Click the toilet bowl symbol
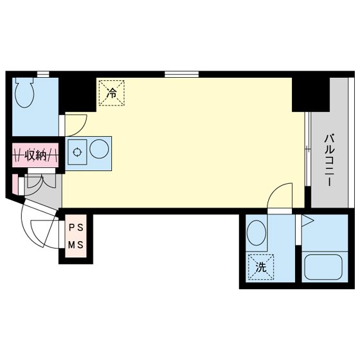click(x=24, y=93)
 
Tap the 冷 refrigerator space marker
click(x=112, y=93)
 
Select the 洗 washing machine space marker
click(x=261, y=267)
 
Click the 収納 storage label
click(x=35, y=155)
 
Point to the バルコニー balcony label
click(x=329, y=160)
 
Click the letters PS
click(x=76, y=228)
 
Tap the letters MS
click(x=76, y=245)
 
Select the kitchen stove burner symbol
click(x=77, y=152)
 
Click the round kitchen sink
click(x=99, y=149)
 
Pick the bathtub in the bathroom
click(x=323, y=267)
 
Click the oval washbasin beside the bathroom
click(x=256, y=233)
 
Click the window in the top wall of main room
click(x=181, y=74)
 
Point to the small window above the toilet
click(x=43, y=74)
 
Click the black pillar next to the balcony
click(x=310, y=94)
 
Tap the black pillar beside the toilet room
click(x=77, y=94)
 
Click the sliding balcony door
click(x=308, y=148)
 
